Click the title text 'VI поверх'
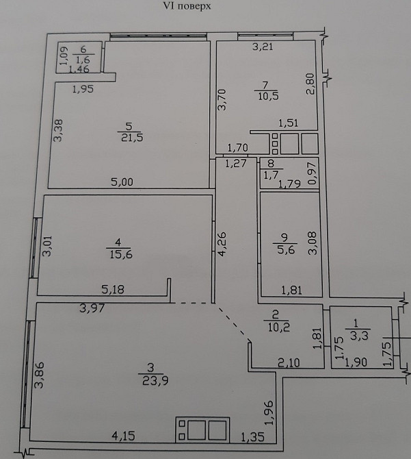coord(187,6)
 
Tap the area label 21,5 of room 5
coord(132,137)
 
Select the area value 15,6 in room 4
coord(121,253)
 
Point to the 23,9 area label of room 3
coord(155,380)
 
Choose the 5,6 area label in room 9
coord(286,249)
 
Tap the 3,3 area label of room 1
coord(359,336)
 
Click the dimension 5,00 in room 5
coord(122,182)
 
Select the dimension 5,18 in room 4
coord(113,290)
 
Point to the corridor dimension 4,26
coord(222,244)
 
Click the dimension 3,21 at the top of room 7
coord(263,47)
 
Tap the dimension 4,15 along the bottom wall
coord(124,436)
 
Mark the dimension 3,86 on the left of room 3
coord(39,375)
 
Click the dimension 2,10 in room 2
coord(289,363)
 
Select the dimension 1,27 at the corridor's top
coord(236,163)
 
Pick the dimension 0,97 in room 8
coord(313,173)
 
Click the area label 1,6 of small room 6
coord(83,60)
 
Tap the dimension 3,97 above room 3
coord(92,308)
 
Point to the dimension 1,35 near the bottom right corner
coord(252,437)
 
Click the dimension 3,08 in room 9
coord(313,243)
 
